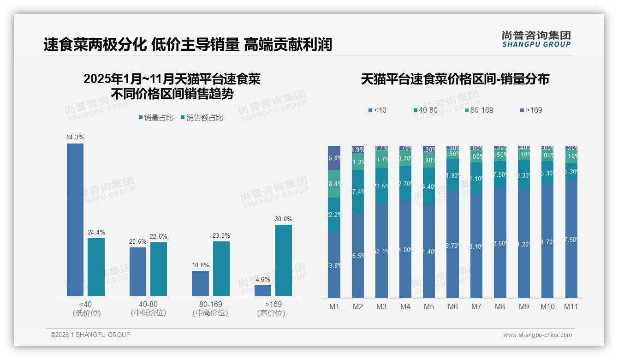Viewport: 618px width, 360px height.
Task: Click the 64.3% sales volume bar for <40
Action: point(75,219)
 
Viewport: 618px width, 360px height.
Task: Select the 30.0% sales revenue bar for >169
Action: point(284,260)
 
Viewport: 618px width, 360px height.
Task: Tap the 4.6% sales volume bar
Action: point(263,290)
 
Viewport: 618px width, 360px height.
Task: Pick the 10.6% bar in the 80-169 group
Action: point(200,283)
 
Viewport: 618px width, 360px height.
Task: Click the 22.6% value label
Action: point(159,237)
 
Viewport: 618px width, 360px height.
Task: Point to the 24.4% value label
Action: point(96,232)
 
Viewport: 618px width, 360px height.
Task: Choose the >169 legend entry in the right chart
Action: point(531,110)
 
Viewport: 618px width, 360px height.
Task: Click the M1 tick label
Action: point(334,306)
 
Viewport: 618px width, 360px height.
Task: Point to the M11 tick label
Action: point(571,306)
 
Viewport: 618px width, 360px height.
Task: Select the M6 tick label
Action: point(452,306)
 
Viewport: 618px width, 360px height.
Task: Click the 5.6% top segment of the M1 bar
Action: point(334,158)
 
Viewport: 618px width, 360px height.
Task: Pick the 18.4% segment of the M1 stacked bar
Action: point(334,184)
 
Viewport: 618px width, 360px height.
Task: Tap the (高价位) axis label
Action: point(271,313)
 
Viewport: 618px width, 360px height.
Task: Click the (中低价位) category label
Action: point(149,313)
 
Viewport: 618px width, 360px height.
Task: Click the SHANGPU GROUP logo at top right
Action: point(536,39)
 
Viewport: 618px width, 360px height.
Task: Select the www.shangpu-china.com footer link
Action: point(537,335)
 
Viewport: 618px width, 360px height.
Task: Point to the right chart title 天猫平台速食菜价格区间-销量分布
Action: point(455,79)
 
